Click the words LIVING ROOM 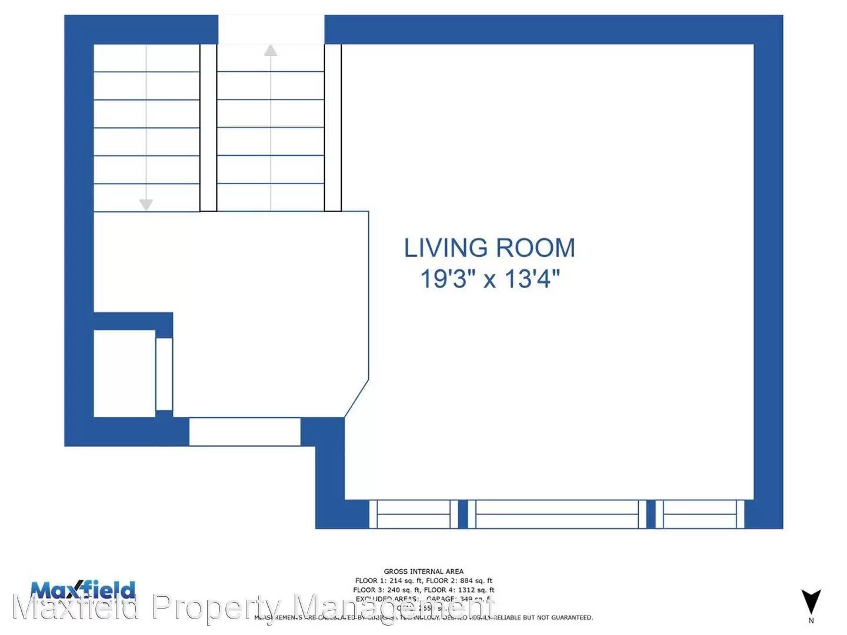[x=489, y=248]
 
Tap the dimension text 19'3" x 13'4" [x=489, y=278]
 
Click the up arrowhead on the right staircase [x=271, y=51]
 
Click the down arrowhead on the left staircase [x=146, y=205]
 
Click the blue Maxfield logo [x=82, y=590]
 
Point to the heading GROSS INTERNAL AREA [x=423, y=571]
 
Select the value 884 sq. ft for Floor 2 [x=476, y=580]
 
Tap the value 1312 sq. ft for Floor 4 [x=476, y=590]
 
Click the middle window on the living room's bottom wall [x=556, y=514]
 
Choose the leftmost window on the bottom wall [x=414, y=514]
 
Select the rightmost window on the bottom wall [x=699, y=514]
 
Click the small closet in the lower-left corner [x=124, y=373]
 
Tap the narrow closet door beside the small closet [x=164, y=373]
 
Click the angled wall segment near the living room [x=356, y=399]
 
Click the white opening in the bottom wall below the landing [x=245, y=432]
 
